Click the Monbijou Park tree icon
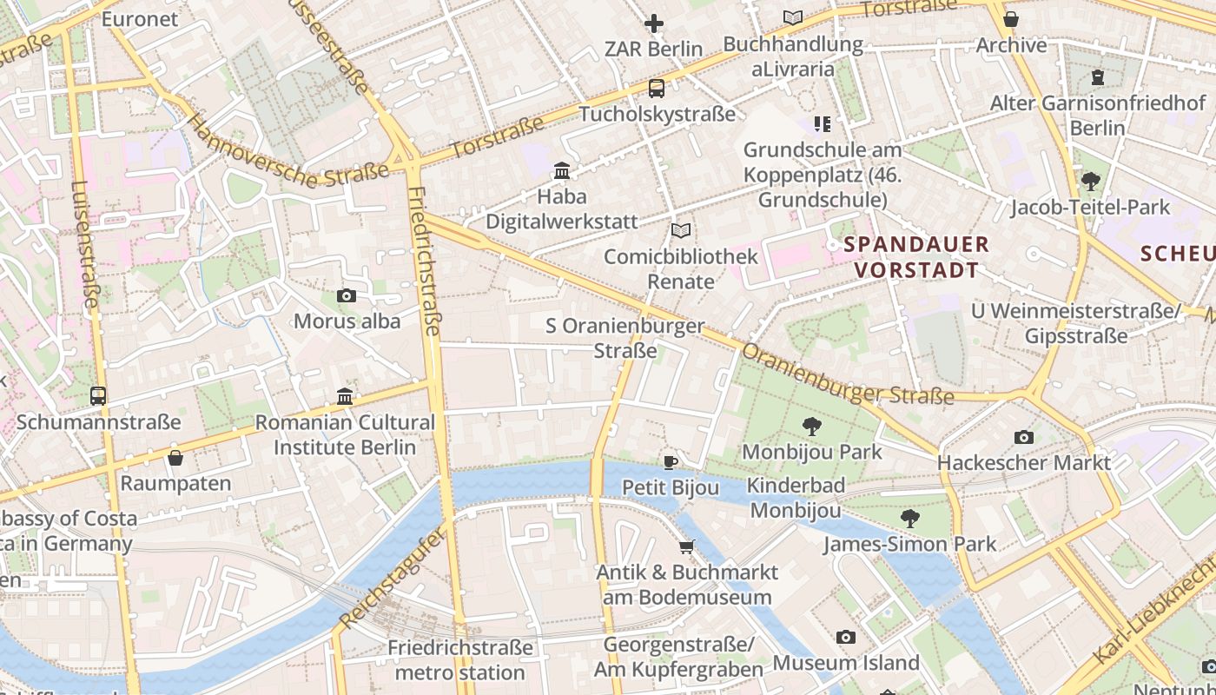[x=812, y=426]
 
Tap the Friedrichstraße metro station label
[x=460, y=660]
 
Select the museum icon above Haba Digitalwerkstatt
[x=562, y=170]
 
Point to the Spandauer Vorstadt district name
[x=916, y=257]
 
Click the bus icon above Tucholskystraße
[x=657, y=88]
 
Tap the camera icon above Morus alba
[x=347, y=295]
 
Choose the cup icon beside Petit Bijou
[x=670, y=462]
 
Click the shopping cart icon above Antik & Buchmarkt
[x=687, y=546]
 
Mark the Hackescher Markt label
[x=1024, y=462]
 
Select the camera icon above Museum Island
[x=846, y=637]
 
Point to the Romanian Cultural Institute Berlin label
[x=345, y=435]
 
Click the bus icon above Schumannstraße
[x=98, y=396]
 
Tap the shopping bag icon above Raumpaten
[x=175, y=457]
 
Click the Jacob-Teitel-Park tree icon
[x=1091, y=182]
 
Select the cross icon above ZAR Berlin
[x=654, y=23]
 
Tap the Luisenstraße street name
[x=85, y=245]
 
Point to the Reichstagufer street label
[x=393, y=577]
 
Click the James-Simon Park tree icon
[x=910, y=519]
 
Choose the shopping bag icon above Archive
[x=1011, y=19]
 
